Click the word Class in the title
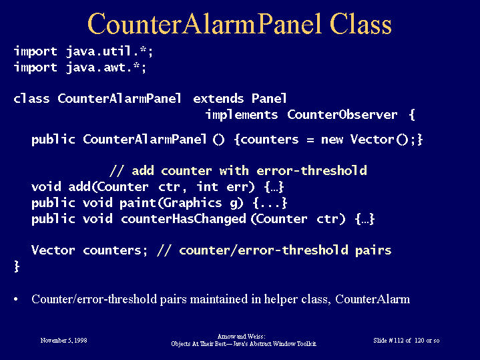click(361, 24)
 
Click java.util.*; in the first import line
click(109, 51)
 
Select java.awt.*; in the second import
click(106, 67)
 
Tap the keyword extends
click(218, 99)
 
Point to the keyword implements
click(242, 115)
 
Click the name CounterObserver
click(342, 115)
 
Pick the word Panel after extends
click(269, 99)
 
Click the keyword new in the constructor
click(332, 140)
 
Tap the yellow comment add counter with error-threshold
click(249, 171)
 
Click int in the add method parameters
click(207, 186)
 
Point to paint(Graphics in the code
click(170, 203)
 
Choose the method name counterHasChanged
click(184, 219)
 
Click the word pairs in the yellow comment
click(373, 250)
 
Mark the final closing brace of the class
click(17, 266)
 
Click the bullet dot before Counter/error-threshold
click(16, 299)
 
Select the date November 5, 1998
click(63, 341)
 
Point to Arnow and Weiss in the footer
click(241, 337)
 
